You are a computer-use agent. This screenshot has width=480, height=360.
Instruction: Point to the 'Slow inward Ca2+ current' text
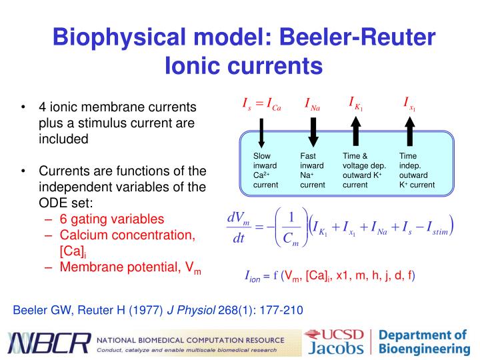(265, 170)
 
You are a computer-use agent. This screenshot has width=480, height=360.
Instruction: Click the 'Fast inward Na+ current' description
(312, 170)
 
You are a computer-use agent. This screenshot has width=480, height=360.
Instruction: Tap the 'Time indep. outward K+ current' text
(417, 170)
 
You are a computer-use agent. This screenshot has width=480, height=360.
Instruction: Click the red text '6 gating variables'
(111, 219)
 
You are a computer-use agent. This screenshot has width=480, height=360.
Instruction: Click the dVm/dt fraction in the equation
(238, 229)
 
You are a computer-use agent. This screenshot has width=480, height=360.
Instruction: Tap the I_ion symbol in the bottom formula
(252, 275)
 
